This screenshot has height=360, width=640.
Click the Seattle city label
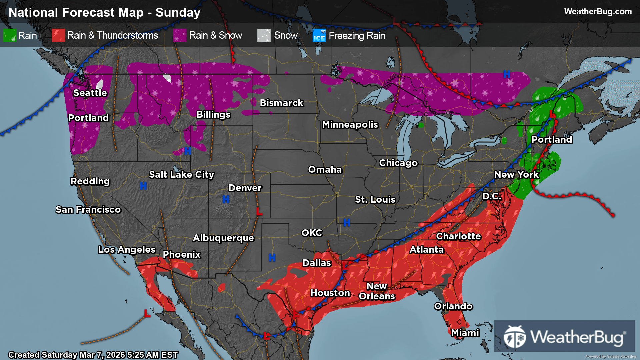90,93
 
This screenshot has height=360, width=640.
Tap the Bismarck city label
281,103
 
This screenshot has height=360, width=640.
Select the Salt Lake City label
181,174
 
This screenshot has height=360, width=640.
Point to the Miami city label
465,333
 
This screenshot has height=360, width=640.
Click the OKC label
312,233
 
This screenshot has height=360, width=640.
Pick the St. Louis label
375,199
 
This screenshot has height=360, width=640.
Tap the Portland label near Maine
552,139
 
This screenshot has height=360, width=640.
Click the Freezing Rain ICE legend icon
319,35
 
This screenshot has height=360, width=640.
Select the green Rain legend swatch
10,35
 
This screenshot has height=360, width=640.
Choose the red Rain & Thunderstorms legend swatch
58,35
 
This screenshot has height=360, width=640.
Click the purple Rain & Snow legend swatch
180,35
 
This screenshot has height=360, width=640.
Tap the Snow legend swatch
264,35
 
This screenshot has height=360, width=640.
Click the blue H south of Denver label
226,199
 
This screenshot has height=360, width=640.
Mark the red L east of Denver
259,211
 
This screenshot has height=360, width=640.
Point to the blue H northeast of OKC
347,223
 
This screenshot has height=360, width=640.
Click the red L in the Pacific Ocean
147,313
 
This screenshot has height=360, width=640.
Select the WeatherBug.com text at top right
598,11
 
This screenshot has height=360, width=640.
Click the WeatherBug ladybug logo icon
515,337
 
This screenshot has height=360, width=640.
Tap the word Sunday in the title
178,13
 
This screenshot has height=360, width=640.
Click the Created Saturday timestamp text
93,355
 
